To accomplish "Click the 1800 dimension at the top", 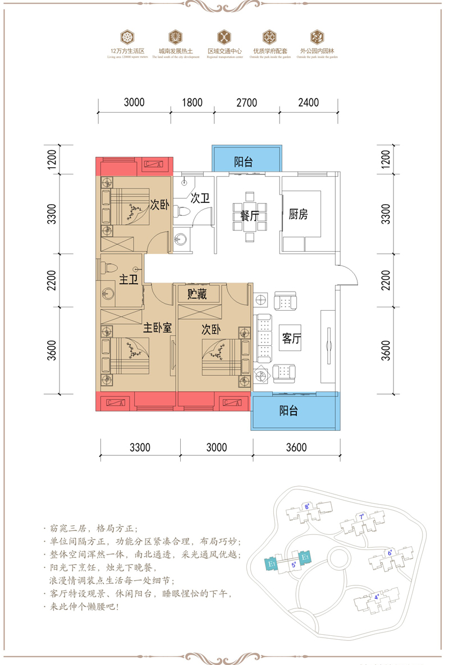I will tap(192, 103).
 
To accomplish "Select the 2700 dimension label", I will tap(246, 103).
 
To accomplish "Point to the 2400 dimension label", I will tap(308, 103).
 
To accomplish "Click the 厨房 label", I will tap(298, 214).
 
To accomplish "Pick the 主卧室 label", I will tap(156, 328).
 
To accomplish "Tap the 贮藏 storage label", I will tap(197, 294).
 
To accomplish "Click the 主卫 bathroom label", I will tap(129, 280).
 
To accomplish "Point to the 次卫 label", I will tap(199, 198).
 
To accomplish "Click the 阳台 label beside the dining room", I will tap(243, 163).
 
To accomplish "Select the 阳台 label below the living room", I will tap(288, 410).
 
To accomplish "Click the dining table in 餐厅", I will tap(249, 216).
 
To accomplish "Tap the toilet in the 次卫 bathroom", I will tap(182, 211).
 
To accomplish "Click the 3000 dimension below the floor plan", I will tap(217, 447).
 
